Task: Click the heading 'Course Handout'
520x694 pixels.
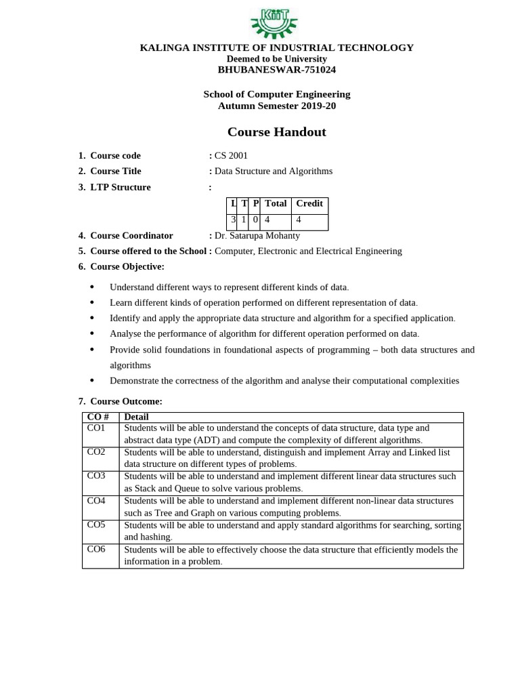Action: (x=276, y=131)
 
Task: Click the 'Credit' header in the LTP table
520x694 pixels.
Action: (x=309, y=203)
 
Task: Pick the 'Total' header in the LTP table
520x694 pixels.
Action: (x=276, y=203)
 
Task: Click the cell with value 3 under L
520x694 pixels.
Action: (x=233, y=220)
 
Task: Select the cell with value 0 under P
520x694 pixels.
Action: (x=255, y=220)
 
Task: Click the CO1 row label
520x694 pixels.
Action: (x=97, y=428)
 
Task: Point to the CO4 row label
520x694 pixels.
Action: (x=97, y=501)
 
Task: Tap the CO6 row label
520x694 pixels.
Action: (x=97, y=549)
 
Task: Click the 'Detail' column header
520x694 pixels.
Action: (x=137, y=417)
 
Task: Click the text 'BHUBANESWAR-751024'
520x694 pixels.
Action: (x=276, y=70)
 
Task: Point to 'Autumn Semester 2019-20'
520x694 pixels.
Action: (x=276, y=106)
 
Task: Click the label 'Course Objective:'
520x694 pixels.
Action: (x=127, y=266)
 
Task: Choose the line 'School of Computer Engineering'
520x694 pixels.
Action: (x=276, y=94)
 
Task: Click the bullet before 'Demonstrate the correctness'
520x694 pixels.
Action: (x=93, y=381)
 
